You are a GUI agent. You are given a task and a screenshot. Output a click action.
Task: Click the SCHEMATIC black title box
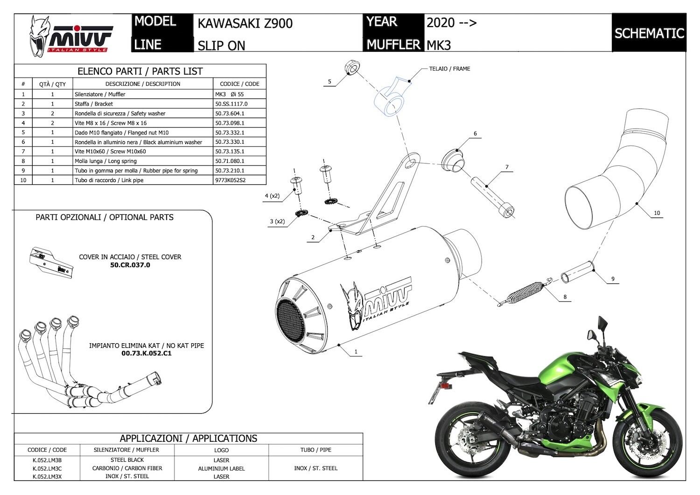pyautogui.click(x=649, y=33)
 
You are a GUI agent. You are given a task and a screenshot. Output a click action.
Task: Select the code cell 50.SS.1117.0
pyautogui.click(x=231, y=104)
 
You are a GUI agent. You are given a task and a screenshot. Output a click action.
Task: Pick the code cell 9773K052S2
pyautogui.click(x=231, y=180)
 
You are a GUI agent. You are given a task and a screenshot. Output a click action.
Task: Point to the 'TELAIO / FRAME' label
pyautogui.click(x=449, y=69)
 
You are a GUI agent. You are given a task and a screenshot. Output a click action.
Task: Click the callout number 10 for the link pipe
pyautogui.click(x=657, y=213)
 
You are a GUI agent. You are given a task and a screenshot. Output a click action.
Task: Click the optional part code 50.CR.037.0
pyautogui.click(x=130, y=265)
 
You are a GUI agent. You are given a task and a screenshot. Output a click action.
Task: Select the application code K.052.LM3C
pyautogui.click(x=47, y=468)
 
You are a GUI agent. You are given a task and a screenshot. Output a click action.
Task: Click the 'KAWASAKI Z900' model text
pyautogui.click(x=245, y=23)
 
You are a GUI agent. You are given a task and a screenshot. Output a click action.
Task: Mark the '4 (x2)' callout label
pyautogui.click(x=272, y=196)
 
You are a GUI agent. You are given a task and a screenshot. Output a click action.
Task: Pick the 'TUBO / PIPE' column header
pyautogui.click(x=316, y=450)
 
